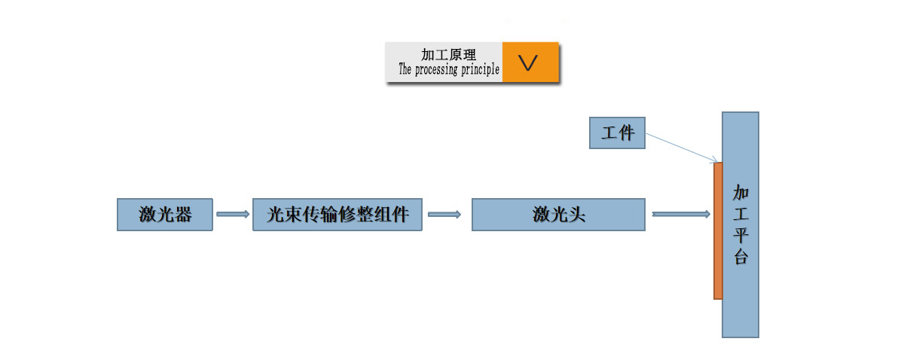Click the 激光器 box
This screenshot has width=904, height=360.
coord(164,215)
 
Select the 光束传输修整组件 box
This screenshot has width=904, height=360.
coord(337,215)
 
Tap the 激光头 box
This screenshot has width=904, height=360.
coord(558,215)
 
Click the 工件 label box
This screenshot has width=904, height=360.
coord(617,133)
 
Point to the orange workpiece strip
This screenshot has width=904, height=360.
coord(718,230)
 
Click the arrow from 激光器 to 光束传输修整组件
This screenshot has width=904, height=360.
coord(233,215)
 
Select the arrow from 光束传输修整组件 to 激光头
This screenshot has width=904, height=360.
coord(444,215)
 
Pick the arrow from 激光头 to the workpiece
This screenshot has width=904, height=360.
coord(681,215)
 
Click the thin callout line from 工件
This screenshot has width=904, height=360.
coord(681,148)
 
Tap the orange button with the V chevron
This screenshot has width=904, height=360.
coord(530,63)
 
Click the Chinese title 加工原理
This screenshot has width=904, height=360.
coord(449,55)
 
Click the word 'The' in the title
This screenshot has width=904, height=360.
coord(405,70)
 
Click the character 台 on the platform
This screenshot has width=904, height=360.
coord(741,257)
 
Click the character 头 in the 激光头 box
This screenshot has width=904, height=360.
coord(576,215)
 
